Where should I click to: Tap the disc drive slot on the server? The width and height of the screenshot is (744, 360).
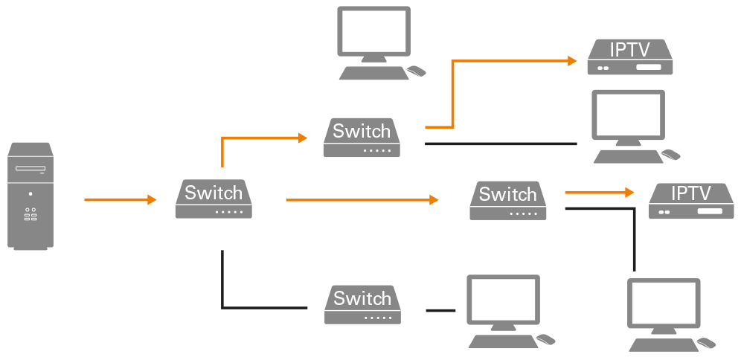pos(31,170)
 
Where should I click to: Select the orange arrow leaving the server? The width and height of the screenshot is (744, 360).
pos(119,199)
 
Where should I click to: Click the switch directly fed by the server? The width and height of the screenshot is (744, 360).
pos(214,199)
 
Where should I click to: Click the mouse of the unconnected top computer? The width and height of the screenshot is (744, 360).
pos(417,71)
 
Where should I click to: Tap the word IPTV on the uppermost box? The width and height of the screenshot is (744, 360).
pos(629,50)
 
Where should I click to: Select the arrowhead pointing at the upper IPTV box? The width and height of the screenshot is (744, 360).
pos(571,61)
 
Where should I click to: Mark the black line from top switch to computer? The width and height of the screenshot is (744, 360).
pos(500,143)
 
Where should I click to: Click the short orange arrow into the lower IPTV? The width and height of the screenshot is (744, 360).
pos(599,192)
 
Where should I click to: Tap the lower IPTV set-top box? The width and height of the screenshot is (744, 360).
pos(690,200)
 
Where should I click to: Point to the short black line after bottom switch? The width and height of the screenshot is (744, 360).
pos(440,309)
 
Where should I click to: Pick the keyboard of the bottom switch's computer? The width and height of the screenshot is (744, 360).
pos(503,341)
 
